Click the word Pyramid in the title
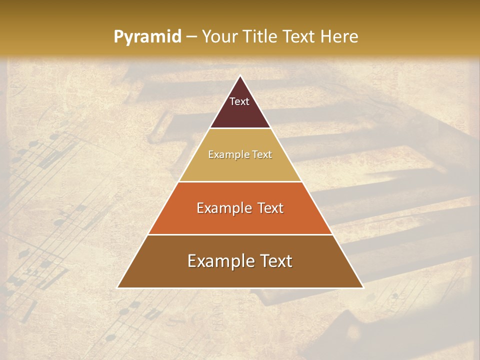(x=147, y=37)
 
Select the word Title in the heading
(x=263, y=37)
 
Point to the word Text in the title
(x=300, y=37)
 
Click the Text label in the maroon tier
(x=239, y=101)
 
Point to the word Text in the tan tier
(x=261, y=154)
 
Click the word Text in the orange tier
(x=268, y=208)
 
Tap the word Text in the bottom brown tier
(x=274, y=261)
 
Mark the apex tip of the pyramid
(x=240, y=76)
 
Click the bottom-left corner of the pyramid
(x=118, y=287)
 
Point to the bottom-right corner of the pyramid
(x=362, y=287)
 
